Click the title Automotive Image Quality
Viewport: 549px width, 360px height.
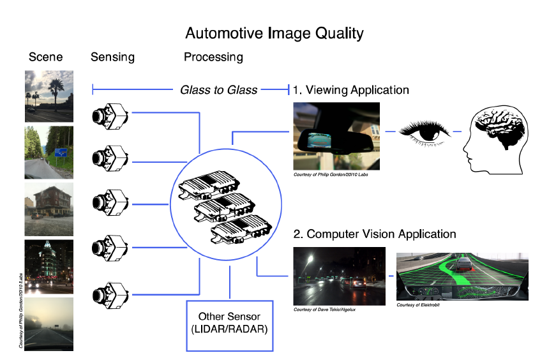[274, 33]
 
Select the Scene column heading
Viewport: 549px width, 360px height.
[46, 57]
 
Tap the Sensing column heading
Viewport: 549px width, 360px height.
[112, 57]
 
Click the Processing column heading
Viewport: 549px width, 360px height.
[213, 57]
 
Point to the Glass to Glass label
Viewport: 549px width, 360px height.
[218, 89]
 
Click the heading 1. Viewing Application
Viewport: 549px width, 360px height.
[350, 89]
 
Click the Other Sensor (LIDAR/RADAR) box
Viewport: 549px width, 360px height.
[229, 325]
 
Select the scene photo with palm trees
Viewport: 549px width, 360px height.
[49, 96]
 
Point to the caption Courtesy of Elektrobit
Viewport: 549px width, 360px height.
[418, 305]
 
